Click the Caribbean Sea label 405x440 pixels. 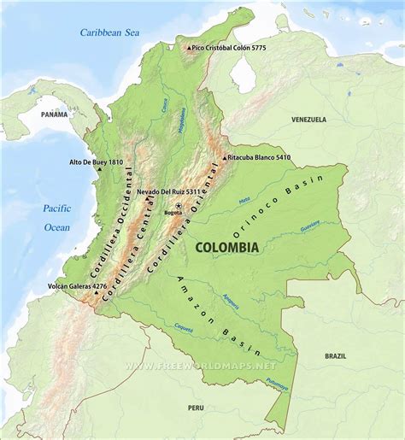[x=109, y=32]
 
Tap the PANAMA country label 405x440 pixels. [x=54, y=114]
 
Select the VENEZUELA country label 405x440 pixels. [x=308, y=120]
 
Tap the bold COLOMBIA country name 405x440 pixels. [x=227, y=246]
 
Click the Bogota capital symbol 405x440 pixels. [x=179, y=206]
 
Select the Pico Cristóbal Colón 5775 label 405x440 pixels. [x=229, y=48]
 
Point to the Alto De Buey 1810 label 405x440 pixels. [x=97, y=161]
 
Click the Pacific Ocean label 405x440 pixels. [x=57, y=218]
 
